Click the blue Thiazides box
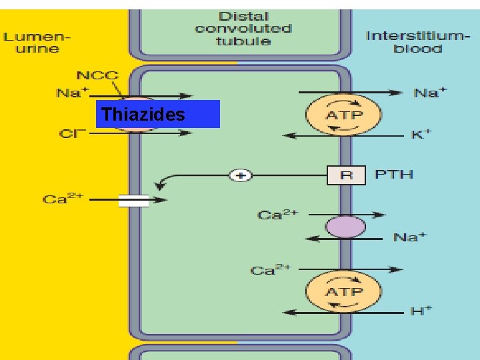click(157, 114)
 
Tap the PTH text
click(393, 175)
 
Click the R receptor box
click(346, 175)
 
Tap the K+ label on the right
click(421, 135)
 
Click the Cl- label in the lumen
click(70, 133)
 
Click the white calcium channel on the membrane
click(133, 199)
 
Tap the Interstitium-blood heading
click(413, 41)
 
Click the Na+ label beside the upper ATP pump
click(427, 93)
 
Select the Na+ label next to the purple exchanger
click(409, 237)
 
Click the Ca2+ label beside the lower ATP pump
click(271, 270)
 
